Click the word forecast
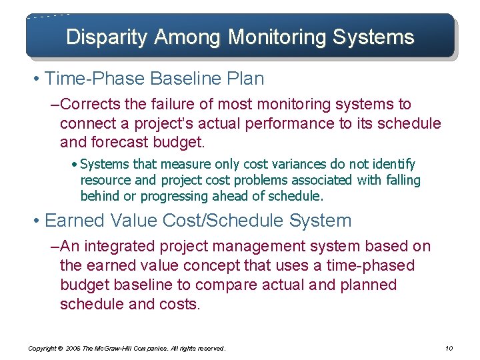[x=127, y=143]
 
